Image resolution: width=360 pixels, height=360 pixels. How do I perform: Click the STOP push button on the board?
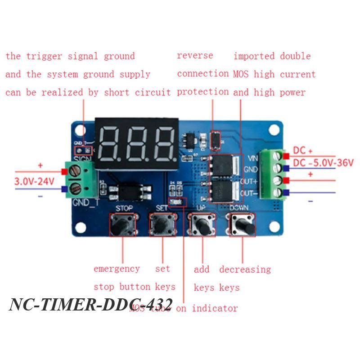pos(122,224)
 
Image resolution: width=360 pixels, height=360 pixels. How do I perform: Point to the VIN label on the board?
pos(253,158)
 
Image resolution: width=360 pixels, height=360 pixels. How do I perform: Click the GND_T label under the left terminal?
pos(85,202)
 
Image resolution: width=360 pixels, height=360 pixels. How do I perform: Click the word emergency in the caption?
pos(117,269)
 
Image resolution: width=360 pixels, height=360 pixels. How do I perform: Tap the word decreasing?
pos(245,270)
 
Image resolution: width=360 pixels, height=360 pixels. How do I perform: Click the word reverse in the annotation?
pos(195,56)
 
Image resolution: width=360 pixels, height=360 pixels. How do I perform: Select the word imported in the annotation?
pos(254,56)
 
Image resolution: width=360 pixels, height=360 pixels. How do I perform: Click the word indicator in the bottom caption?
pos(215,308)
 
